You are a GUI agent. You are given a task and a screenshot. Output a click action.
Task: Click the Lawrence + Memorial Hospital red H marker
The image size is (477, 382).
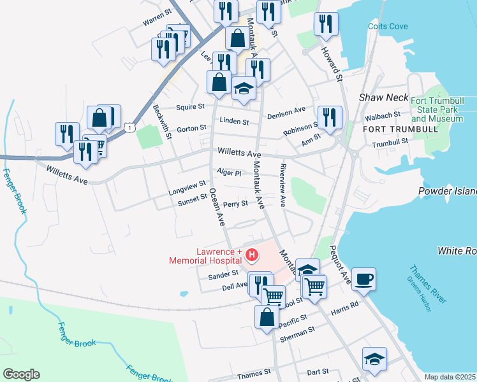(x=252, y=256)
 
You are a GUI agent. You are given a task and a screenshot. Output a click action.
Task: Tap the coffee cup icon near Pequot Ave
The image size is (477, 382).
(x=363, y=279)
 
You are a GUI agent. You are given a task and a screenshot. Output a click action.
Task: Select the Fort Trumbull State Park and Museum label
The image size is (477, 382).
(x=437, y=110)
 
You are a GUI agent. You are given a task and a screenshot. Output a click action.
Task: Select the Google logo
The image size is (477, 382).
(x=21, y=374)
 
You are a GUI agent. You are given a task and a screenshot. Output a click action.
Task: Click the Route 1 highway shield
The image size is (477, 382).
(x=129, y=128)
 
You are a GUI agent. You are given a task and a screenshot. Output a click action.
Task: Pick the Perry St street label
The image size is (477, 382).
(x=235, y=204)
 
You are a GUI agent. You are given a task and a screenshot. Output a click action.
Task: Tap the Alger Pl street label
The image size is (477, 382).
(x=229, y=173)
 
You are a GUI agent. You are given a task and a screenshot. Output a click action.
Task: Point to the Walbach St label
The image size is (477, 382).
(x=382, y=117)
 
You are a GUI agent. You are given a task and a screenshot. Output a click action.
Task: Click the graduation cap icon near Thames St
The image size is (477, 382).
(x=374, y=358)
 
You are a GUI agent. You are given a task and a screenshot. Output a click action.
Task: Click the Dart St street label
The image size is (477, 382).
(x=317, y=371)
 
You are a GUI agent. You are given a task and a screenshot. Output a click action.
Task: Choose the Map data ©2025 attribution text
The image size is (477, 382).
(x=450, y=377)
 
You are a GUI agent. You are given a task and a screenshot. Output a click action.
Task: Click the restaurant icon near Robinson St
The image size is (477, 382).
(x=330, y=117)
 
